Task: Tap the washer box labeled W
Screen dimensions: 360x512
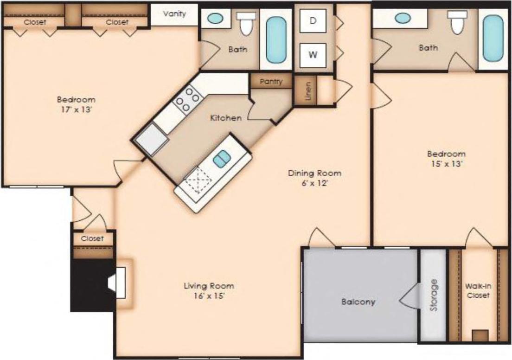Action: tap(314, 55)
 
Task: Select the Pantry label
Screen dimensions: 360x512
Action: tap(271, 81)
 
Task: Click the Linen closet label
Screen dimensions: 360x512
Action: tap(309, 90)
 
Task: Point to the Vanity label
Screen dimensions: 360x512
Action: tap(174, 14)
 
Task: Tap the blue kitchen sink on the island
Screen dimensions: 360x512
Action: tap(221, 159)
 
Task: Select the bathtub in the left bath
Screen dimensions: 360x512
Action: tap(276, 39)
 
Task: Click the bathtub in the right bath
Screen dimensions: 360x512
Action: tap(493, 38)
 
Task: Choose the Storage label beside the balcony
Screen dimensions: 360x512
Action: tap(433, 295)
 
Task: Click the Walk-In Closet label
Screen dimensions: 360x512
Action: tap(478, 291)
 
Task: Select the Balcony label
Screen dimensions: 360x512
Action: tap(358, 302)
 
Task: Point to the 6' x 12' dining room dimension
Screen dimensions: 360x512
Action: tap(314, 183)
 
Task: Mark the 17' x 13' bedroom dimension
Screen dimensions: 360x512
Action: tap(76, 109)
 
